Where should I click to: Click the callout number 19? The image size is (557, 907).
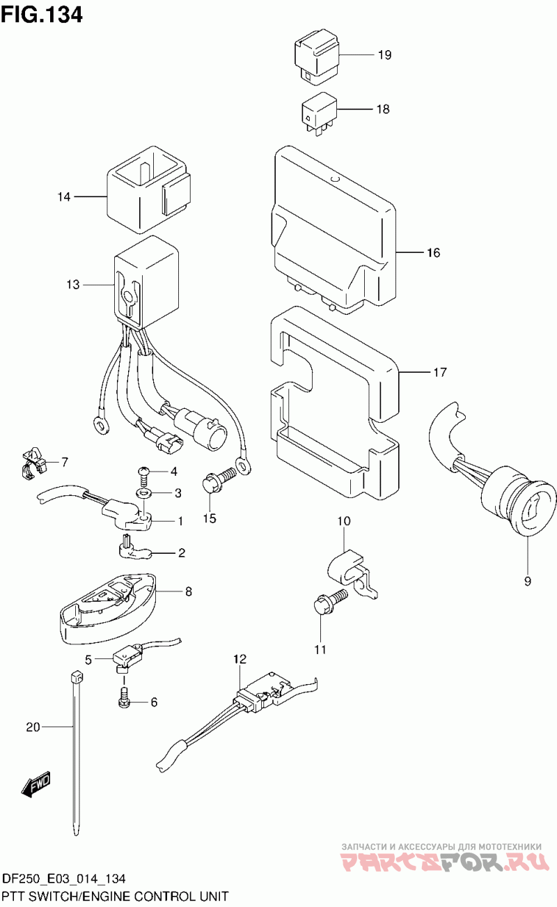click(x=385, y=56)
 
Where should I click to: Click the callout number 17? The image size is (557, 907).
click(x=439, y=373)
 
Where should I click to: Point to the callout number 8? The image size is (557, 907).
click(x=188, y=592)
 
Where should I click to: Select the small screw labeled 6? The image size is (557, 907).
click(x=125, y=699)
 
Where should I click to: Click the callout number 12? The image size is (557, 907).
click(x=240, y=658)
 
